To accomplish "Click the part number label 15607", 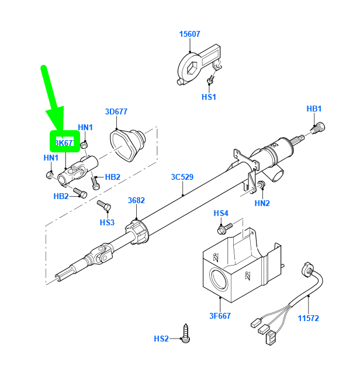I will pos(190,34).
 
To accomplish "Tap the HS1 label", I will pos(209,97).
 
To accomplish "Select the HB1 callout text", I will pos(314,109).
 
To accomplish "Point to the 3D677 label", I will pos(116,111).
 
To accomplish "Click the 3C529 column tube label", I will pos(182,177).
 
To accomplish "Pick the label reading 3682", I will pos(136,200).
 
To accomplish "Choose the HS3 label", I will pos(107,222).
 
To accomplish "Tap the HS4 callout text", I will pos(221,213).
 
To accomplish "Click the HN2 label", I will pos(262,203).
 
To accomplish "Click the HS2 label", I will pos(161,339).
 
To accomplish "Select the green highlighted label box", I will pos(64,142).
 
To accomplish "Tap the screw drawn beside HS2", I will pos(186,333).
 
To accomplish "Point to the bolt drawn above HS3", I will pos(103,206).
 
